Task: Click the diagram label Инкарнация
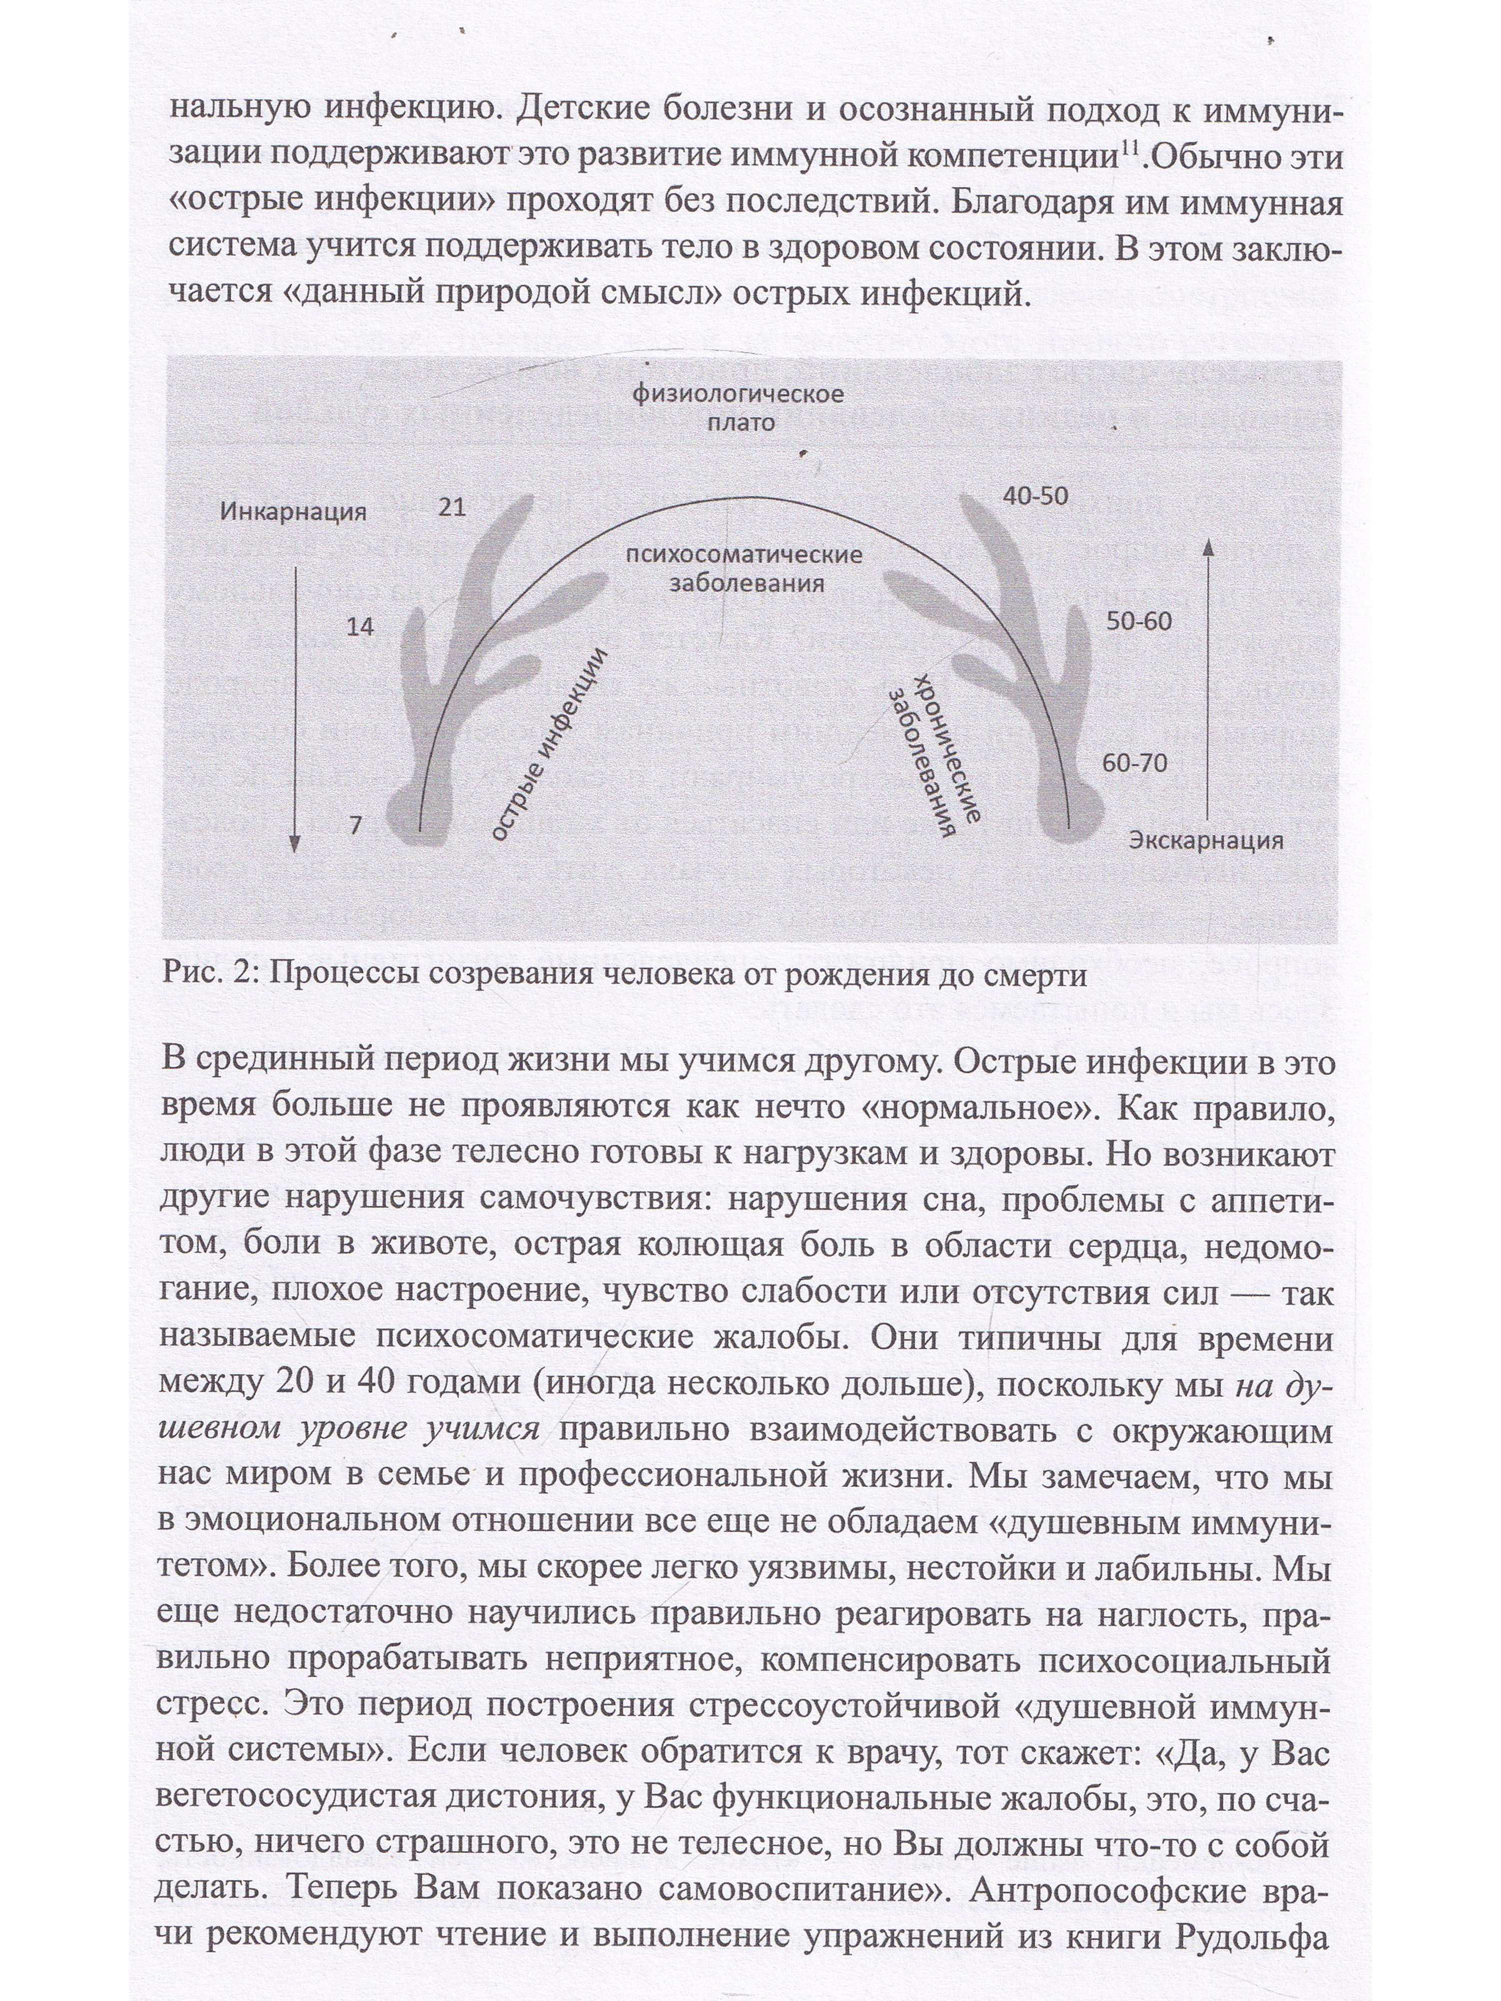292,511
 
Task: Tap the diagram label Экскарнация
1205,840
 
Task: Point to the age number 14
360,626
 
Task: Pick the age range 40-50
1035,496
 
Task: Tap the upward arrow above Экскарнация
1210,678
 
